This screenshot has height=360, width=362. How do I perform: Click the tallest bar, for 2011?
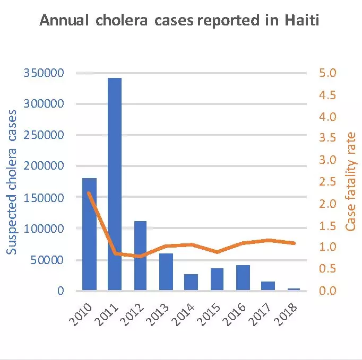click(115, 183)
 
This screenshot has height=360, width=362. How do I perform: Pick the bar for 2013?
click(166, 271)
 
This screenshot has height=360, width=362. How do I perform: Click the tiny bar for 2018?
click(294, 289)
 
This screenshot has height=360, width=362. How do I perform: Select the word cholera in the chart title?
click(119, 22)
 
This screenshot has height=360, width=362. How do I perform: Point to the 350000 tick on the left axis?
click(51, 73)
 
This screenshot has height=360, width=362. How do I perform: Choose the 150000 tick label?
click(51, 197)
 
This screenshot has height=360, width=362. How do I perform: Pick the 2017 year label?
click(264, 315)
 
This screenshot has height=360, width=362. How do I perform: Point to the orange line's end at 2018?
click(294, 243)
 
